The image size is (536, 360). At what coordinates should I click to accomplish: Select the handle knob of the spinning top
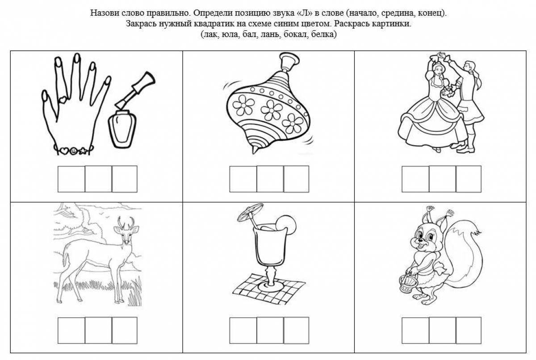[289, 62]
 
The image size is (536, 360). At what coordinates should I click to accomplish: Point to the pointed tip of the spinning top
[254, 151]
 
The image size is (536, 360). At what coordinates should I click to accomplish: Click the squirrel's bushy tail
[464, 254]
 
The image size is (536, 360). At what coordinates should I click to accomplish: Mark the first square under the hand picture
[71, 179]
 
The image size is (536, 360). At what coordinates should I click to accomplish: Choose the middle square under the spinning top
[270, 179]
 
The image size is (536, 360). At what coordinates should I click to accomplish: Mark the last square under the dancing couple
[469, 179]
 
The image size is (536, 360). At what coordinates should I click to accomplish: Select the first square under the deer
[71, 331]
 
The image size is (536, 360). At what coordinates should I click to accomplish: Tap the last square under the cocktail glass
[296, 331]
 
